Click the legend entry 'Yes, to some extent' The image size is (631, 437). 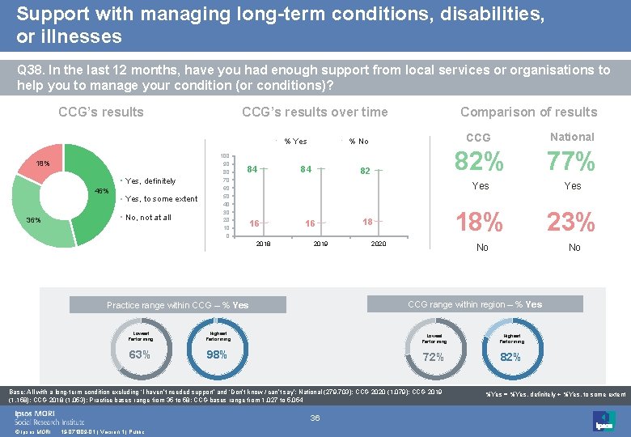point(162,199)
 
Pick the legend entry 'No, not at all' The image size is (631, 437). point(148,217)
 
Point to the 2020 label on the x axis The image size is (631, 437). point(377,243)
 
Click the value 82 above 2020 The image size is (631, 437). point(366,172)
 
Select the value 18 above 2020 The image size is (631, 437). point(367,222)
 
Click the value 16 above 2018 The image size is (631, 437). point(254,223)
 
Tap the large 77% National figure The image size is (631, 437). point(572,162)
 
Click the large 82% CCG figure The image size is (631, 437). point(481,162)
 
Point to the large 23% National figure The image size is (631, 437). point(572,222)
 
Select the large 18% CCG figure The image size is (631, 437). point(481,222)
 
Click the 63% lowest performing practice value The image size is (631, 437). point(139,354)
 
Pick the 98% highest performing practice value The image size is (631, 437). point(217,354)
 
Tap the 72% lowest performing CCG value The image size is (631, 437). point(434,356)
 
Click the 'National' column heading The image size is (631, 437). point(572,137)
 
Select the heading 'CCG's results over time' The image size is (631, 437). point(315,112)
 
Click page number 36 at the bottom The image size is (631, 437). point(315,418)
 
